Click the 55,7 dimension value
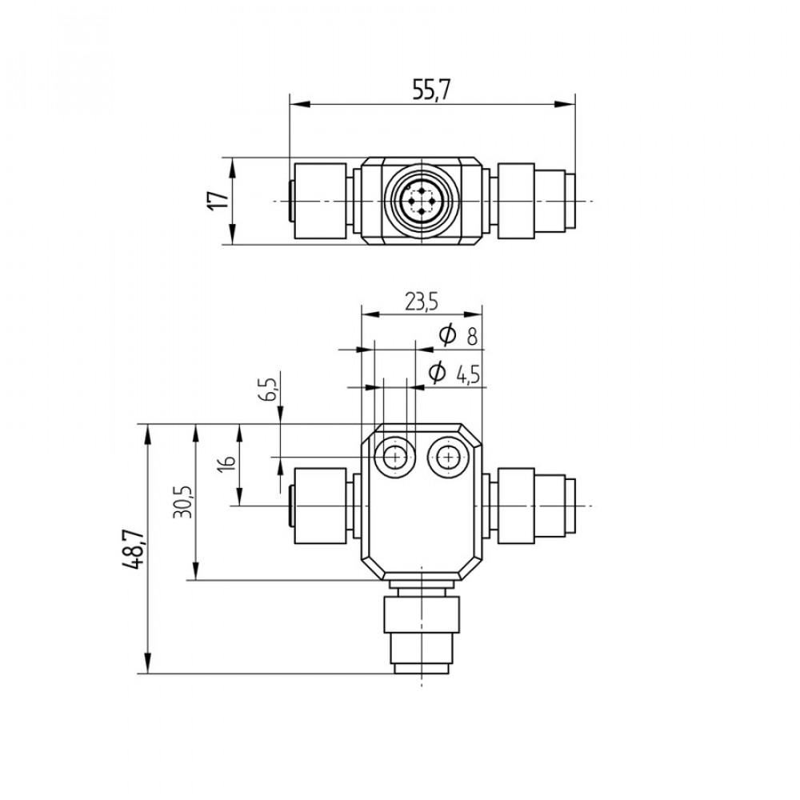tap(431, 90)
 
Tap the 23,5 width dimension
tap(422, 302)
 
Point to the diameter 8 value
tap(472, 337)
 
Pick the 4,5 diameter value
tap(468, 376)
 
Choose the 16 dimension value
tap(229, 462)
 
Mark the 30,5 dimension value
tap(182, 502)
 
